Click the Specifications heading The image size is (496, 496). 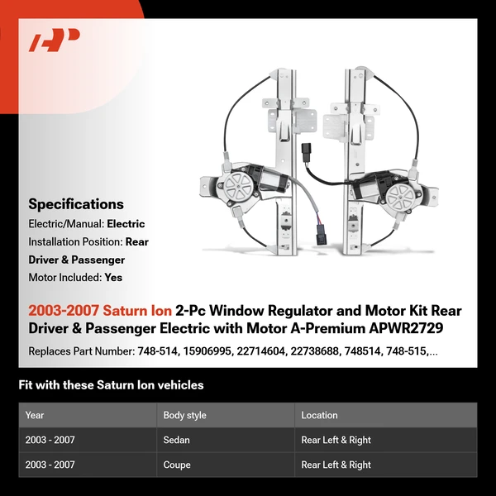click(76, 204)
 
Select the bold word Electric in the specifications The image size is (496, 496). click(126, 224)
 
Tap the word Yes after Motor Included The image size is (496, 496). click(114, 278)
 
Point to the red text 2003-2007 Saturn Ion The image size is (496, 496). click(100, 311)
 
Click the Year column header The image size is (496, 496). click(35, 415)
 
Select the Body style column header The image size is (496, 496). click(186, 415)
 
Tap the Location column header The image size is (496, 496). click(320, 415)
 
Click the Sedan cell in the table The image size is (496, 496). click(179, 441)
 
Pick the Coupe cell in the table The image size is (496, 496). click(179, 465)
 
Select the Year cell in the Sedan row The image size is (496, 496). click(50, 441)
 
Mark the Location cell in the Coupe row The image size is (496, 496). click(336, 465)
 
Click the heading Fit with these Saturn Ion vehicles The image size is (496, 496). click(111, 385)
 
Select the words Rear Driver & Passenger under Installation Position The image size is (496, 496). click(88, 251)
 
